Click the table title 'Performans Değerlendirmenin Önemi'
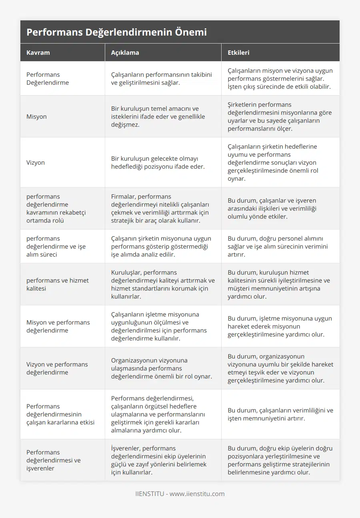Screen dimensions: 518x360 [x=116, y=32]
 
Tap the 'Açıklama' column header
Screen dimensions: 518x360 [x=125, y=52]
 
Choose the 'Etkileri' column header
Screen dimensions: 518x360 [x=238, y=52]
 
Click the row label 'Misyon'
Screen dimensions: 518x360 [x=36, y=116]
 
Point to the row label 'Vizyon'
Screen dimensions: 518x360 [x=36, y=162]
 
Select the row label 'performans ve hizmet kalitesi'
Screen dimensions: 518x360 [x=58, y=284]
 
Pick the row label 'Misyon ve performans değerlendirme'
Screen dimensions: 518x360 [x=58, y=326]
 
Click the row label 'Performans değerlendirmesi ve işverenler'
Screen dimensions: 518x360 [x=53, y=460]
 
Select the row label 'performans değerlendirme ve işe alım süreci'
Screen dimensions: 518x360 [x=56, y=246]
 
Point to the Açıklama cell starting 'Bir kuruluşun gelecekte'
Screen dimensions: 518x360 [x=158, y=162]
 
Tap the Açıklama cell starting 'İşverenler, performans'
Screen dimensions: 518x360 [x=159, y=460]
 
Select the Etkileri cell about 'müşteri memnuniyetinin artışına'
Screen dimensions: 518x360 [x=279, y=284]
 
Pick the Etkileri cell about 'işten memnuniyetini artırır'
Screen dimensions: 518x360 [x=280, y=414]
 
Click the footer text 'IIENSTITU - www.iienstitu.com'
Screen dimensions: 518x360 [x=180, y=494]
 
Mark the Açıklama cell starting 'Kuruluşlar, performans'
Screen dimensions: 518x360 [x=162, y=284]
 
